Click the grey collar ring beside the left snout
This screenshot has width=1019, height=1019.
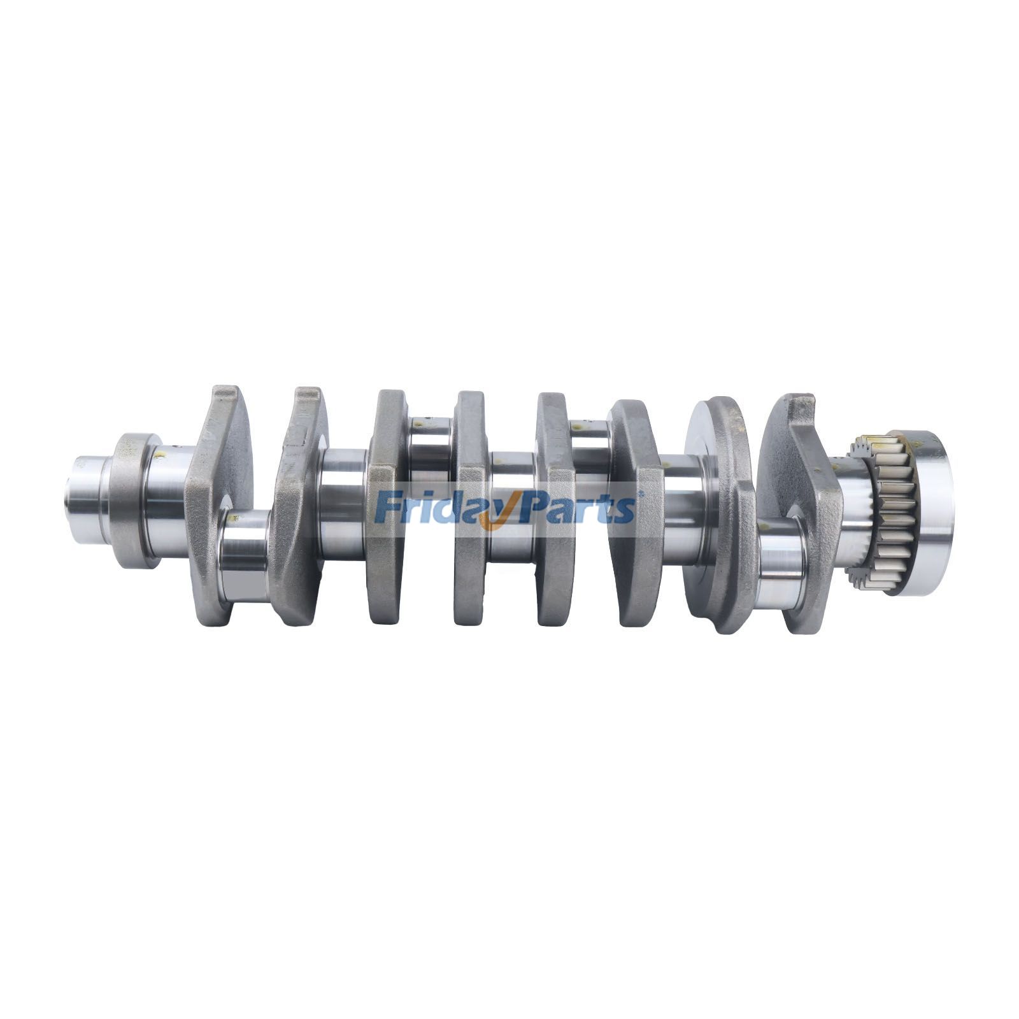coord(131,500)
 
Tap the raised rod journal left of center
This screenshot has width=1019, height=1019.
coord(430,449)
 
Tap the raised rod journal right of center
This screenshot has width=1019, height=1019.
coord(590,449)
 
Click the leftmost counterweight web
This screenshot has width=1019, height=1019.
coord(217,497)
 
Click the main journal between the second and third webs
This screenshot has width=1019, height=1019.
coord(343,503)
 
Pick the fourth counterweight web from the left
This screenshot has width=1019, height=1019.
coord(470,509)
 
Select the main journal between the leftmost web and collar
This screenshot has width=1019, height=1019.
coord(167,500)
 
